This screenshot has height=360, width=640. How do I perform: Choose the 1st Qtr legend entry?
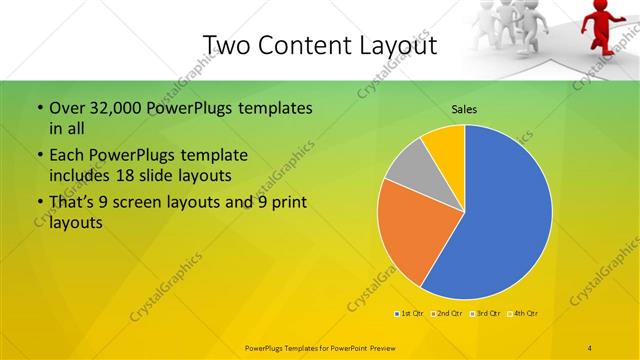409,314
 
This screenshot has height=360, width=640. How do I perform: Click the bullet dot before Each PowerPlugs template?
39,156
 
